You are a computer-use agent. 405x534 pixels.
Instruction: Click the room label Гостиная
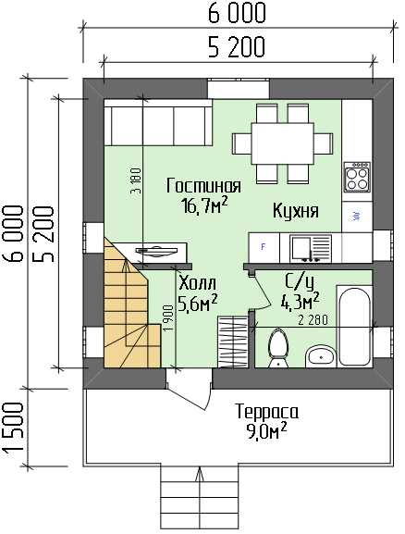[x=203, y=186]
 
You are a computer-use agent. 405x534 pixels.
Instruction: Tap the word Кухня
[x=296, y=210]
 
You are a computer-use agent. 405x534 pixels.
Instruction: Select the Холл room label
[x=197, y=282]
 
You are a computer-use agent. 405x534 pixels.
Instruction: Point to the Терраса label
[x=267, y=412]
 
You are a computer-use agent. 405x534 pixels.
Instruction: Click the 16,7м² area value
[x=204, y=205]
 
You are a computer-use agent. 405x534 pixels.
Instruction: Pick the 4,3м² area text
[x=300, y=301]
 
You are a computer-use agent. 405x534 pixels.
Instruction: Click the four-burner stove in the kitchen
[x=357, y=177]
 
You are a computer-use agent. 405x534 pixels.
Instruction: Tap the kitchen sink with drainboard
[x=311, y=249]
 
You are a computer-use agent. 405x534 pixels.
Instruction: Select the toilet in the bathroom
[x=278, y=349]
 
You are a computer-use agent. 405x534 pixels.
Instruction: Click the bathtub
[x=354, y=327]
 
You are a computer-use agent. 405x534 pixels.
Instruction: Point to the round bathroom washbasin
[x=320, y=357]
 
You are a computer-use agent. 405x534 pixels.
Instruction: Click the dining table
[x=282, y=143]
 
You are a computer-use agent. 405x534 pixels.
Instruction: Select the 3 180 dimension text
[x=136, y=180]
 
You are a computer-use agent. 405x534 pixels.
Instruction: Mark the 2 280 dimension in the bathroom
[x=313, y=320]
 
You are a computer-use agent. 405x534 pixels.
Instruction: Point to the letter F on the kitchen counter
[x=263, y=246]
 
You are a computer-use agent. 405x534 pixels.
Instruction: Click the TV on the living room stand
[x=157, y=251]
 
